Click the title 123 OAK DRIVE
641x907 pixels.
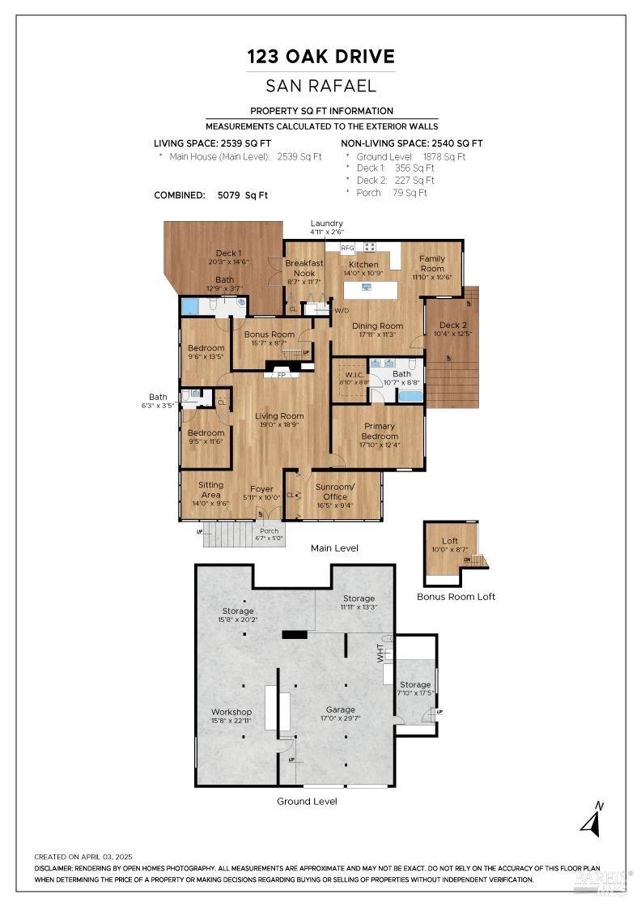click(321, 57)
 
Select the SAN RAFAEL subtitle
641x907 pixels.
click(321, 85)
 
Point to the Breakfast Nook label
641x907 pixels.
click(304, 268)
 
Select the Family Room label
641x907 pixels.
click(431, 263)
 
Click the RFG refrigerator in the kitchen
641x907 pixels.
click(347, 248)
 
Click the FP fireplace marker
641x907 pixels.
click(282, 376)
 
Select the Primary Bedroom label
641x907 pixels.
click(380, 431)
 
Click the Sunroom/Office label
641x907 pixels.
click(334, 492)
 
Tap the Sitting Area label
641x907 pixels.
click(210, 489)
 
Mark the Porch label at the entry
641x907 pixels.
click(268, 531)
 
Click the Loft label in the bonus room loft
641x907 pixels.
click(449, 541)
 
